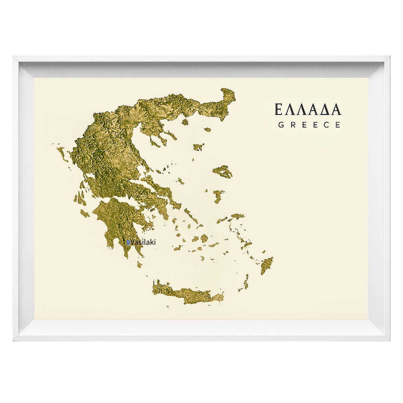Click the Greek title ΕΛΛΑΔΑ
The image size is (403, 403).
click(x=308, y=109)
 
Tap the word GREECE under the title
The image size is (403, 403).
click(x=309, y=125)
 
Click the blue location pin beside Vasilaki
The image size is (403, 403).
click(x=128, y=243)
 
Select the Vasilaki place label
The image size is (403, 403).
click(x=143, y=242)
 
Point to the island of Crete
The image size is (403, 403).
click(x=187, y=293)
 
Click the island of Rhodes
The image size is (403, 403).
click(x=267, y=265)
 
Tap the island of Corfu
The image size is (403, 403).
click(x=62, y=153)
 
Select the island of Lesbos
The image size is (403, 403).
click(x=223, y=172)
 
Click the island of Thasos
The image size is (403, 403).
click(x=185, y=122)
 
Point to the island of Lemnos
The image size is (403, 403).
click(x=199, y=147)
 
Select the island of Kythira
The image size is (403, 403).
click(x=140, y=264)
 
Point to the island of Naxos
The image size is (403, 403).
click(x=204, y=238)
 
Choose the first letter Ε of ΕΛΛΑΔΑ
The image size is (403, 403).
click(x=278, y=109)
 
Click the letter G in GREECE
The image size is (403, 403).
click(x=281, y=125)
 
